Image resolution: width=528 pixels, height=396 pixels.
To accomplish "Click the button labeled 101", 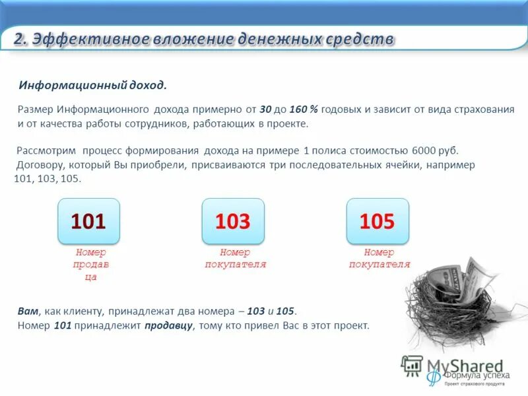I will [88, 221].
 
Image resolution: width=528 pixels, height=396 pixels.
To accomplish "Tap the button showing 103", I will [232, 221].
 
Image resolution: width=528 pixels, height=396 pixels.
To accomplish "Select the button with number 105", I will [377, 221].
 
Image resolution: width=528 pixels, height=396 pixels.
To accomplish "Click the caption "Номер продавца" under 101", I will [90, 265].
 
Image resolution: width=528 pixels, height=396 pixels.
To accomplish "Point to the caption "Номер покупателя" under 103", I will [235, 258].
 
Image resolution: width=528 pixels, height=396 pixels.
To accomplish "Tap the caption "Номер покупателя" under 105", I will [379, 258].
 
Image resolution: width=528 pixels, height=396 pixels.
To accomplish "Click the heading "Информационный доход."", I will [93, 86].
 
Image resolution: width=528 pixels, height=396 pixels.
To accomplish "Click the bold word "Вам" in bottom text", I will [28, 311].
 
